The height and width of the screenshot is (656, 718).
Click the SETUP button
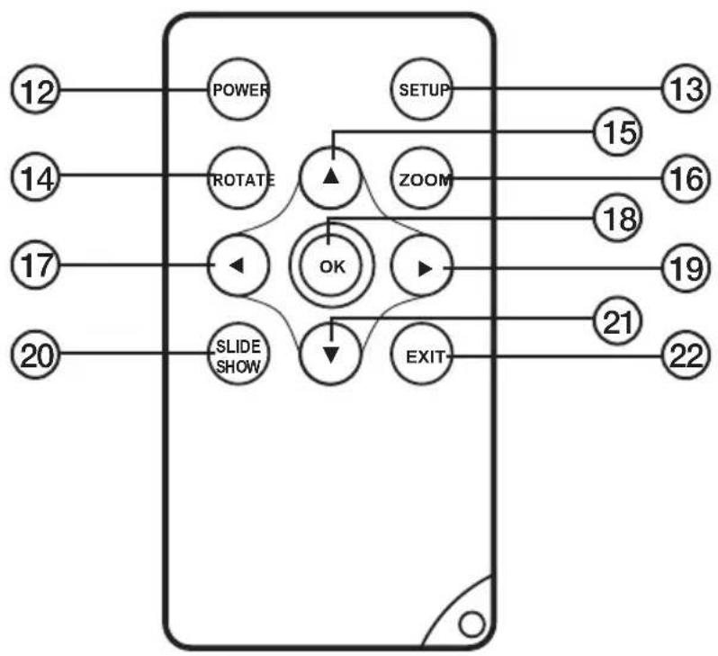tap(422, 89)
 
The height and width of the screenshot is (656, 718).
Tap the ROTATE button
tap(238, 178)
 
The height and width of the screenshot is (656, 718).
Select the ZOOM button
tap(422, 178)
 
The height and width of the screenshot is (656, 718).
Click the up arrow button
tap(330, 177)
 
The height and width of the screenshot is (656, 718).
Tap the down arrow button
tap(330, 353)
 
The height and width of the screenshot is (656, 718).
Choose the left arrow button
tap(238, 265)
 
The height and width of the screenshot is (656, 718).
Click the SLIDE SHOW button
tap(238, 353)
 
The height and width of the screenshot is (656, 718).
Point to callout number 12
tap(36, 90)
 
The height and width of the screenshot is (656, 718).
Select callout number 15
tap(618, 132)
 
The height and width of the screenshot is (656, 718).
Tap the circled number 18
tap(618, 218)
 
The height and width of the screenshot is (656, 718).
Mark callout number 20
tap(36, 354)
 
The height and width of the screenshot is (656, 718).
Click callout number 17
tap(36, 265)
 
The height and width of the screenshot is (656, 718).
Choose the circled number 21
tap(618, 320)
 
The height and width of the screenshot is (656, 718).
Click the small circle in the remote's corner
tap(471, 625)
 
